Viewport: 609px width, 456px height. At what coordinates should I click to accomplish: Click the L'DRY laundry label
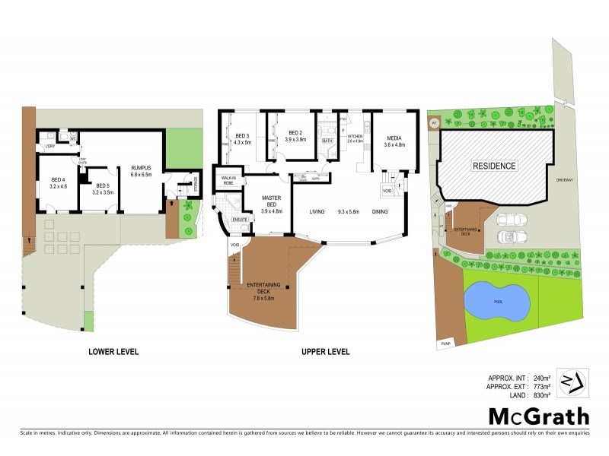49,146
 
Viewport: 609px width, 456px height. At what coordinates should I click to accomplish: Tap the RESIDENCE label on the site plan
495,166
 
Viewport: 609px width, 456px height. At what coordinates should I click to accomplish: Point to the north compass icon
573,381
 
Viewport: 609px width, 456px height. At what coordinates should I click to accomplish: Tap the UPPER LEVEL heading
325,352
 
